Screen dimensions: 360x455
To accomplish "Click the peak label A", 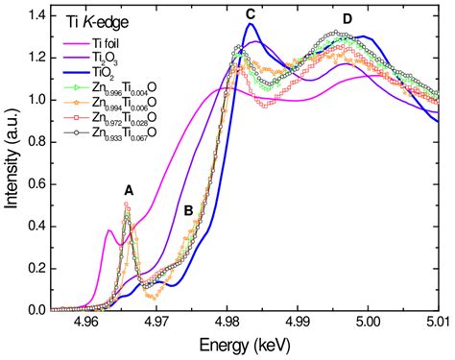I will pyautogui.click(x=129, y=190).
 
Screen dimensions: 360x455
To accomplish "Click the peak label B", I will pyautogui.click(x=189, y=209).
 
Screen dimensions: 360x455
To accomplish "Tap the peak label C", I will pyautogui.click(x=251, y=13).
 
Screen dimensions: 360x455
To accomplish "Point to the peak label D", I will pyautogui.click(x=347, y=19).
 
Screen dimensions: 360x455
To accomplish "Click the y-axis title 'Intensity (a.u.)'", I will pyautogui.click(x=12, y=161).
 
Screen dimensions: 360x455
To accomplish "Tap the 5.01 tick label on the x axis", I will pyautogui.click(x=439, y=324).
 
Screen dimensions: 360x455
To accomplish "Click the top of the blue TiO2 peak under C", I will pyautogui.click(x=251, y=26).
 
